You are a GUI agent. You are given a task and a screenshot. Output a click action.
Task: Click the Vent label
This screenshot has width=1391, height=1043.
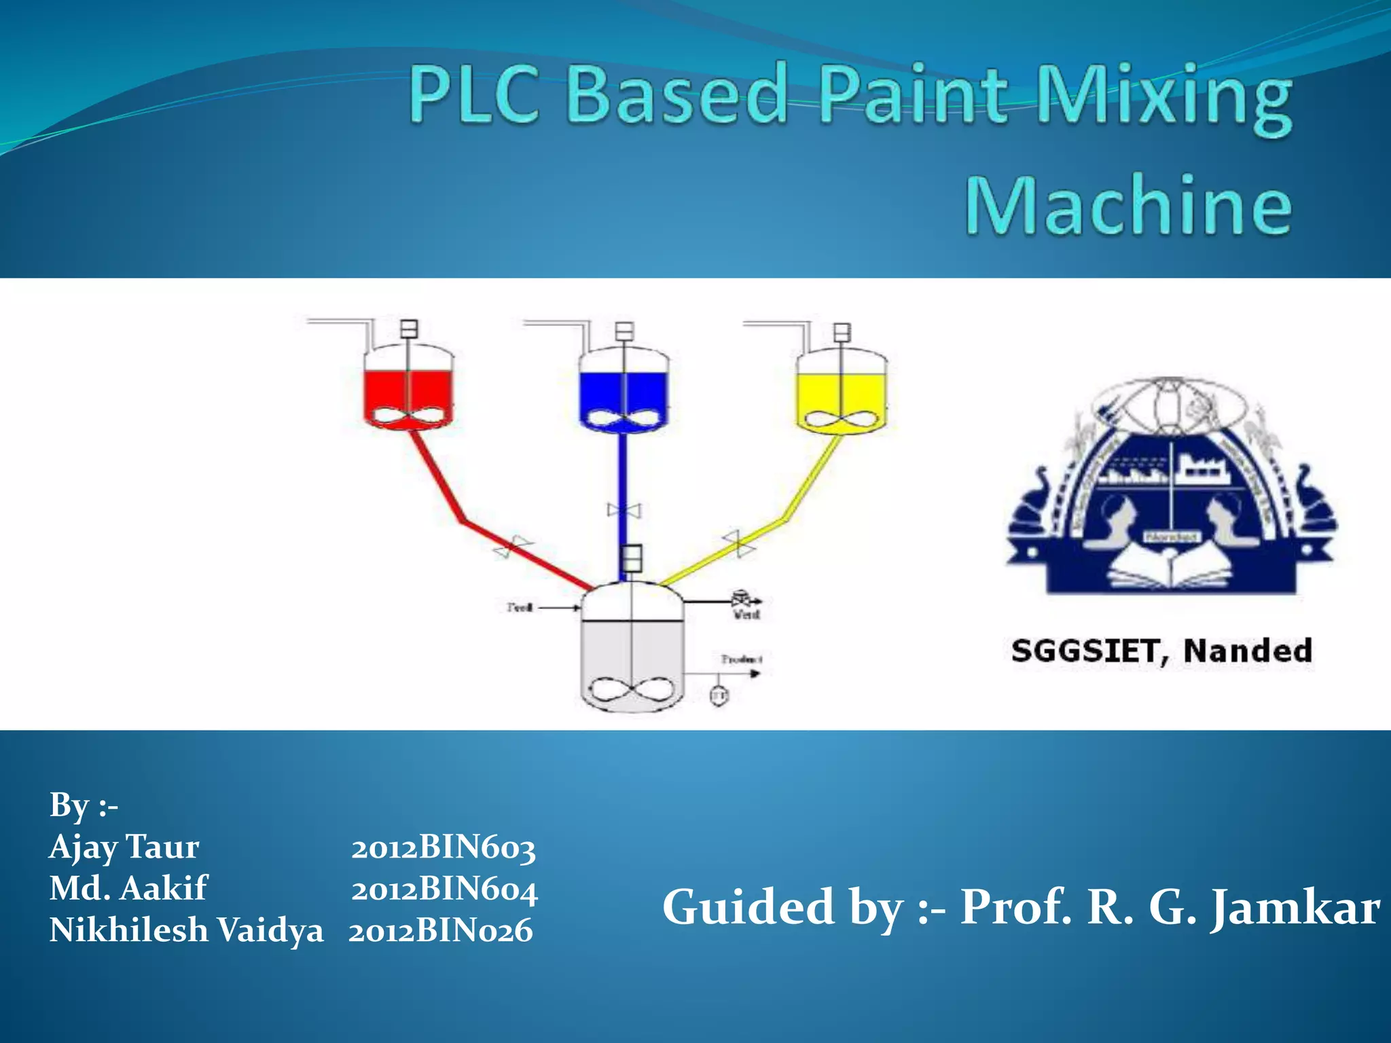click(x=746, y=615)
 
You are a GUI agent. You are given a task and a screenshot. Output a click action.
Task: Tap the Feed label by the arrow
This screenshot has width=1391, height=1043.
click(x=520, y=607)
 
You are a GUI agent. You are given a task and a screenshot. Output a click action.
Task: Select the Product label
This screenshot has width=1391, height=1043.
click(x=741, y=659)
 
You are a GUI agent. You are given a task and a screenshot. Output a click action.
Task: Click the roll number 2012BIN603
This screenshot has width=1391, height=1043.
click(x=443, y=848)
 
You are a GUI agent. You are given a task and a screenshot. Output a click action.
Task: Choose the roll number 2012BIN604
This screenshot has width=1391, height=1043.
click(x=444, y=890)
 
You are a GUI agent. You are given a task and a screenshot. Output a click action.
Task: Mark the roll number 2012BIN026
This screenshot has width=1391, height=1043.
click(x=440, y=931)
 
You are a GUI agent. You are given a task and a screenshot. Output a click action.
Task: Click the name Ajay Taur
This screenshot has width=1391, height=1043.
click(x=124, y=847)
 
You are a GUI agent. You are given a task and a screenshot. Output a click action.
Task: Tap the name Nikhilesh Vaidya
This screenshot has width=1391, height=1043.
click(x=186, y=930)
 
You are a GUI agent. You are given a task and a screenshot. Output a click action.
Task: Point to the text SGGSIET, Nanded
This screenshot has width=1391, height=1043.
click(x=1161, y=651)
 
